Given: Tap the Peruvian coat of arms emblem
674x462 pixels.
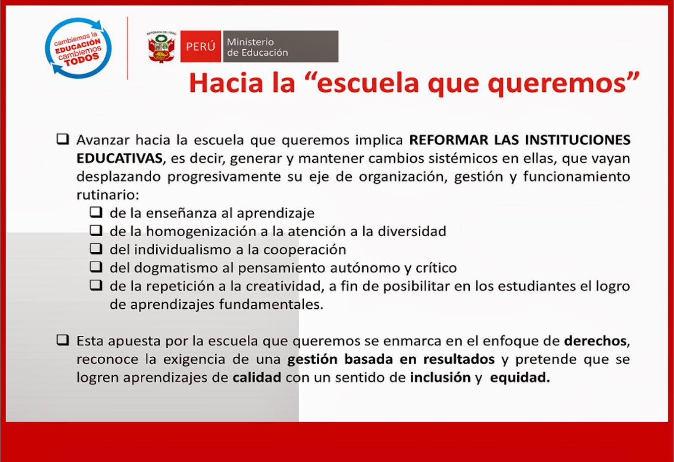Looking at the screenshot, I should [161, 47].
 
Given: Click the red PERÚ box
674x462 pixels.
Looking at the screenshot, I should [201, 46].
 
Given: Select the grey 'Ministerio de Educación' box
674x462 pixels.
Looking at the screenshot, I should [281, 47].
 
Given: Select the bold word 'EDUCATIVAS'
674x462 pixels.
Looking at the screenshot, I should [119, 158].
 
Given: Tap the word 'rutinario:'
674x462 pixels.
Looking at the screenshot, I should [107, 195].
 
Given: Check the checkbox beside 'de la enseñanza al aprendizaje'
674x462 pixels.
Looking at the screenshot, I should [96, 212].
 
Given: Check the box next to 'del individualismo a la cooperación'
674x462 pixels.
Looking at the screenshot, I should [96, 248].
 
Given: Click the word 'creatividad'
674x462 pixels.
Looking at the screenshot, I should [284, 286].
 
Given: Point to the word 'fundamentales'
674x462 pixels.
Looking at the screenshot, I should [270, 304].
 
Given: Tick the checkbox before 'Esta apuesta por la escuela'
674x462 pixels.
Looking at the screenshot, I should [63, 340].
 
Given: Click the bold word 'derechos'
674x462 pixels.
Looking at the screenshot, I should [595, 341].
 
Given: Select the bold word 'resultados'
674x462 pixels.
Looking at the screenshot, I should [459, 359].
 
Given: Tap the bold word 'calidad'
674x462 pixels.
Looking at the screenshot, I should [257, 377].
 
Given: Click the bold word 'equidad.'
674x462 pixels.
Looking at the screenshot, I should [520, 377].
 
